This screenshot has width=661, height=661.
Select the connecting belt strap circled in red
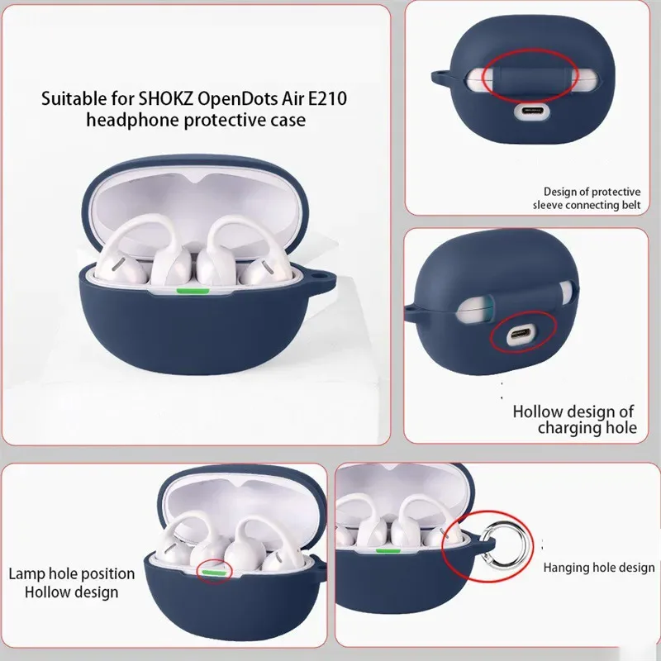[x=530, y=76]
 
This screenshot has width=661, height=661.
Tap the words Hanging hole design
[x=599, y=568]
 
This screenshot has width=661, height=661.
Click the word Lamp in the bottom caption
[x=26, y=574]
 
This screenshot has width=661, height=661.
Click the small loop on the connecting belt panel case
[x=440, y=76]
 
